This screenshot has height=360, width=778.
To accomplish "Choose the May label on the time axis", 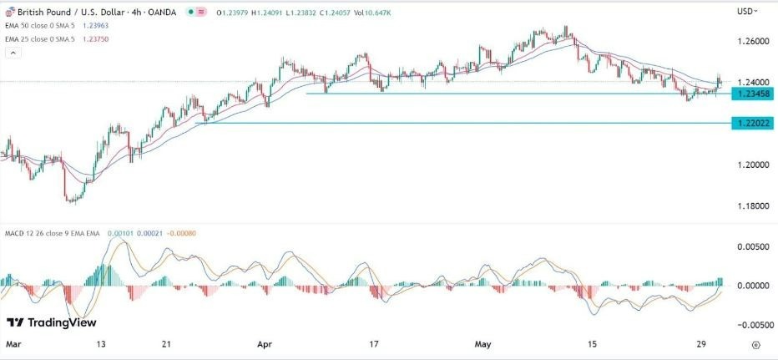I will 482,343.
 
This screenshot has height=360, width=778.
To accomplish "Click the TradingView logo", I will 52,322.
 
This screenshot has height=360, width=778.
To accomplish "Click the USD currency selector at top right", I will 747,11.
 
